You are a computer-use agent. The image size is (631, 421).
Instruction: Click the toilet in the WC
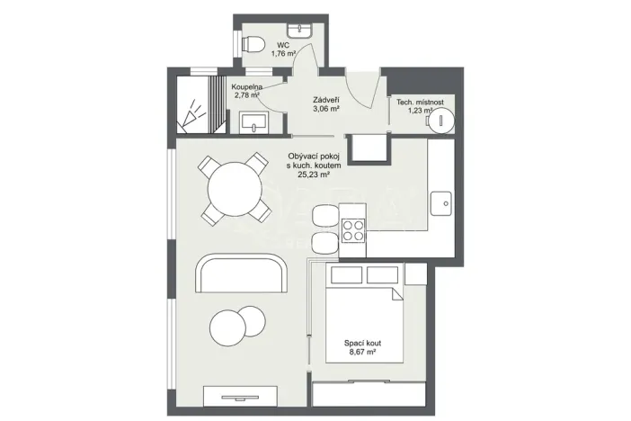[x=253, y=42]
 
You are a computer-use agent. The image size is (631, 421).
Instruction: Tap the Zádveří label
[x=324, y=102]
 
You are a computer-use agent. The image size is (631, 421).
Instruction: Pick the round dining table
[x=234, y=190]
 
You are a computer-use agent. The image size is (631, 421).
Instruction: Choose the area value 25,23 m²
[x=314, y=176]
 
